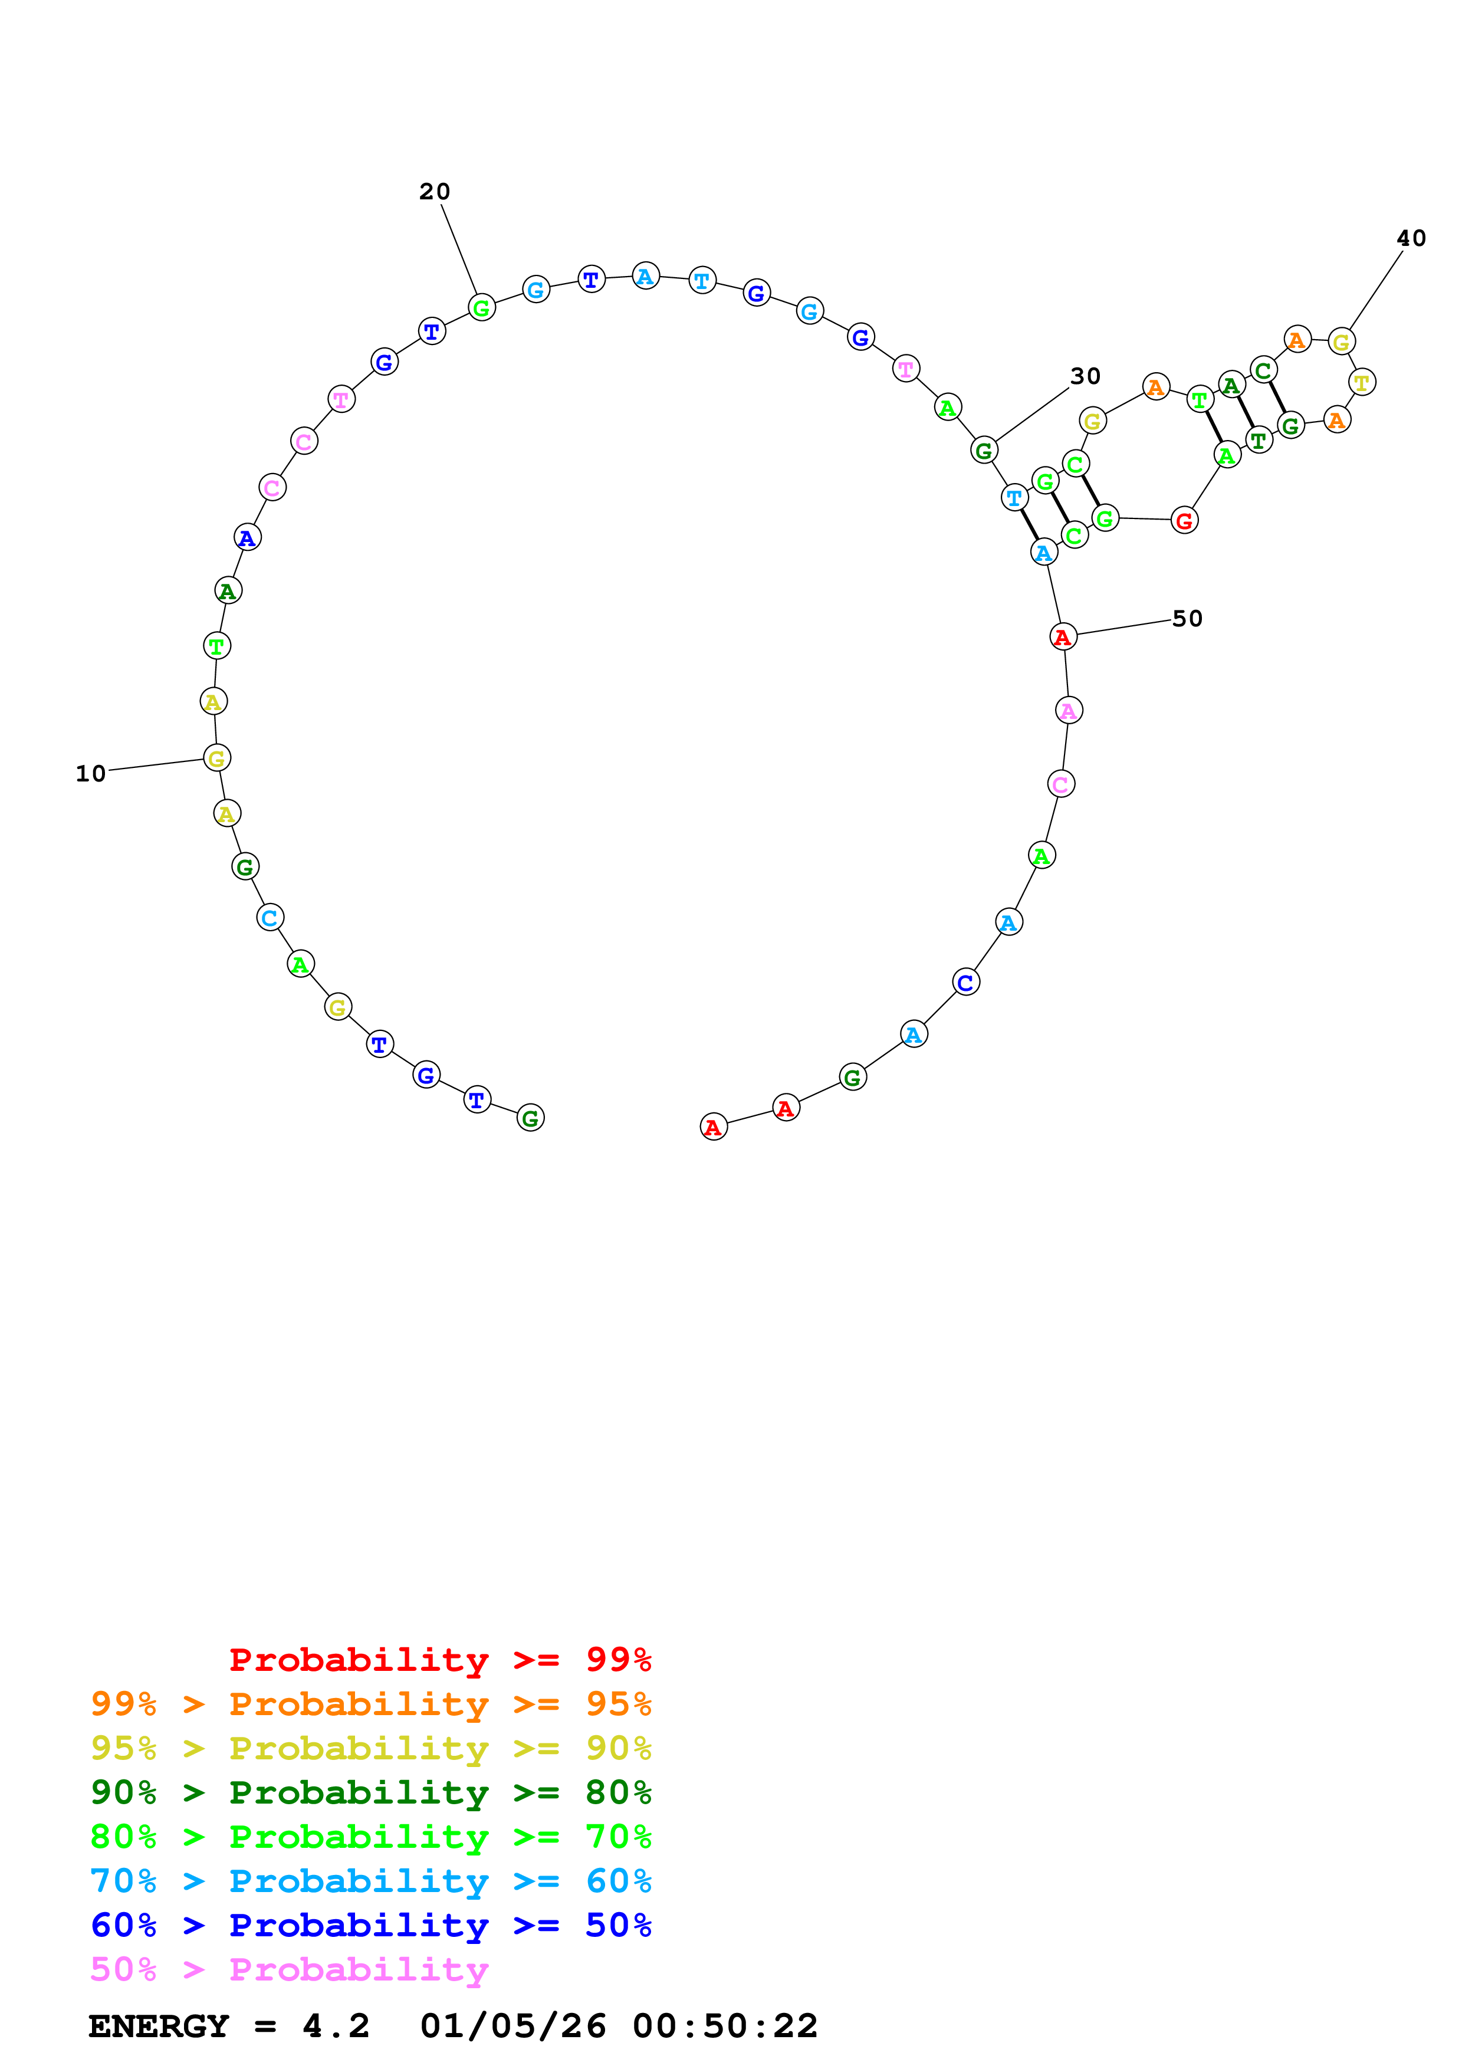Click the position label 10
(90, 773)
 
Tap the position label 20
(434, 191)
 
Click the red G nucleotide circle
(1184, 520)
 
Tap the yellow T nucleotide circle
(1361, 382)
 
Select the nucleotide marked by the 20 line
(482, 308)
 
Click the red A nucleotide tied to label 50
(1063, 637)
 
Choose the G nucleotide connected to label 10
(217, 758)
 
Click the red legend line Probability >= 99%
(439, 1660)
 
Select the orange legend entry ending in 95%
(370, 1704)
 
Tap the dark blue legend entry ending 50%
(370, 1925)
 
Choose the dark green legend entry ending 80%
(370, 1792)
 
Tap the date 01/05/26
(512, 2026)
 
